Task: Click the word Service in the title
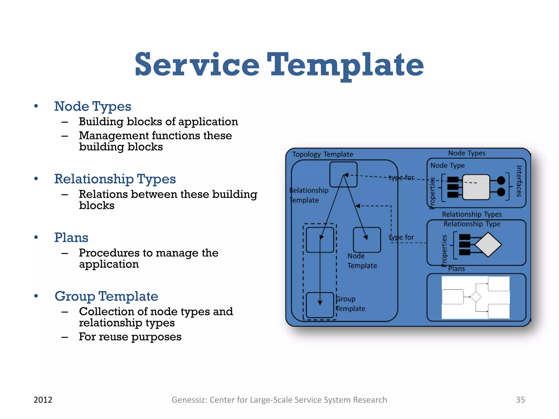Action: [197, 65]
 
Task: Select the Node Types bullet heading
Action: [93, 106]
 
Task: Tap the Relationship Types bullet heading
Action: [115, 179]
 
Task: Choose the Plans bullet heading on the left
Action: [71, 238]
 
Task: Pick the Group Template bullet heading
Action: [106, 296]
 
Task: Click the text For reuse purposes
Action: [130, 337]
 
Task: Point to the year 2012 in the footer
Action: [43, 400]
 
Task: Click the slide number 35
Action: [520, 400]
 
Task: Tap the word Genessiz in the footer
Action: [189, 400]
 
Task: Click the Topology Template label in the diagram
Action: [323, 154]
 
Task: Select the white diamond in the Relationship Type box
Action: [488, 245]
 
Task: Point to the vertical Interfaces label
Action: [519, 181]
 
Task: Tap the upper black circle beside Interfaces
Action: [501, 180]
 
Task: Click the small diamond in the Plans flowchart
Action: [476, 297]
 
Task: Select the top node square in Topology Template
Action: [343, 175]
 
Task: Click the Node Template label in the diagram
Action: [362, 261]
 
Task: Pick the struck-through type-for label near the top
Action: [401, 178]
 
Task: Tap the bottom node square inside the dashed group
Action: [320, 305]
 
